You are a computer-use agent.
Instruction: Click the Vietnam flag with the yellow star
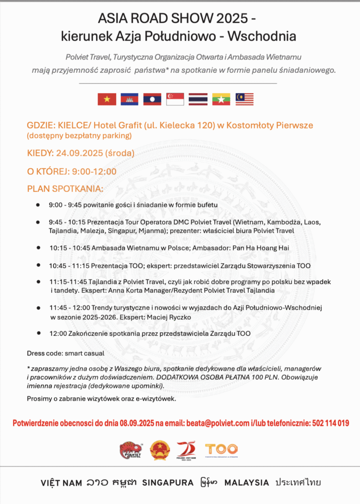[x=107, y=99]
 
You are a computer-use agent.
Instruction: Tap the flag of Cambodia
[x=130, y=99]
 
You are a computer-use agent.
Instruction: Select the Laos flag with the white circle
[x=152, y=99]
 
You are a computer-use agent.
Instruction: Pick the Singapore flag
[x=175, y=99]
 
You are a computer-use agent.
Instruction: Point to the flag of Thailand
[x=198, y=99]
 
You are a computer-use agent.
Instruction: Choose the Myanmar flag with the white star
[x=221, y=99]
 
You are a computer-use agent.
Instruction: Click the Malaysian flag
[x=244, y=99]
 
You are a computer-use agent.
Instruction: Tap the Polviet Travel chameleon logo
[x=131, y=449]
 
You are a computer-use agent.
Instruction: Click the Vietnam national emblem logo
[x=160, y=449]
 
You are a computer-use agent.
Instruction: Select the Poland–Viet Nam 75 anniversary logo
[x=186, y=449]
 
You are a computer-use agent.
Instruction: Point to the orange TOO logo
[x=222, y=449]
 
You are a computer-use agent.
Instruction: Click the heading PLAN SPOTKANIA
[x=65, y=189]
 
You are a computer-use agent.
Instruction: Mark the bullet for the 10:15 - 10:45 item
[x=38, y=248]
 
